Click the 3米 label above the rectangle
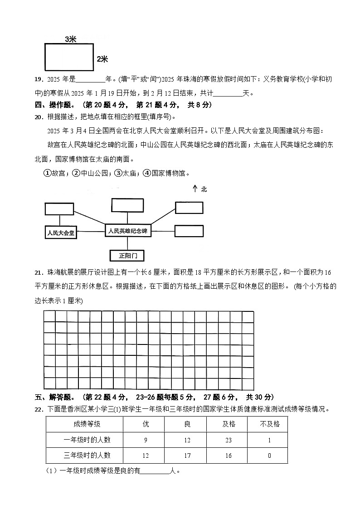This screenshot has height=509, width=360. (70, 40)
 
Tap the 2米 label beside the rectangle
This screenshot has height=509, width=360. (102, 59)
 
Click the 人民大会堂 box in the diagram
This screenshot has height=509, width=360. (61, 233)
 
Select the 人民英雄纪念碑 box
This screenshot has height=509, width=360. (127, 231)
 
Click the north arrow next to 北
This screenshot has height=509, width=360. (195, 189)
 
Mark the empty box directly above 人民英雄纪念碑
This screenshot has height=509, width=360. (126, 205)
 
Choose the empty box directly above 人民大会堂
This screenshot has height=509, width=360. (59, 209)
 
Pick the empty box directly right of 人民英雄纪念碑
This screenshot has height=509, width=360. (189, 231)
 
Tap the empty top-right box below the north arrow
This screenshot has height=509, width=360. (189, 208)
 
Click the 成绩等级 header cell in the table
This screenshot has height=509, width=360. (84, 424)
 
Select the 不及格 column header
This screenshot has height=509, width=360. (269, 424)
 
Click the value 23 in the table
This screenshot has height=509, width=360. (228, 440)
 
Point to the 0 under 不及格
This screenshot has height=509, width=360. (269, 455)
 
